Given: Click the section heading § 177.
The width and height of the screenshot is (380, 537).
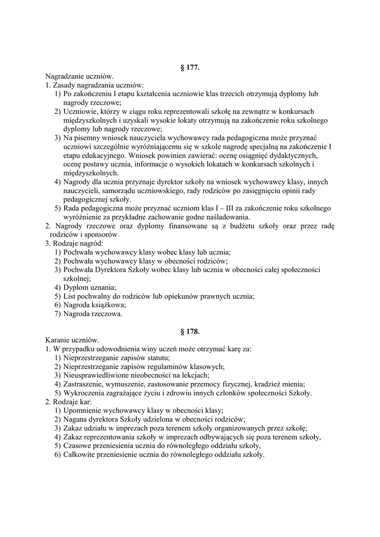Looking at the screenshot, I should point(189,68).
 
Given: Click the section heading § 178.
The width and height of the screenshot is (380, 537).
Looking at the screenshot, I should point(189,331).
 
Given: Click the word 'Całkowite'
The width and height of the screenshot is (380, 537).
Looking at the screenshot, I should point(79,455).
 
